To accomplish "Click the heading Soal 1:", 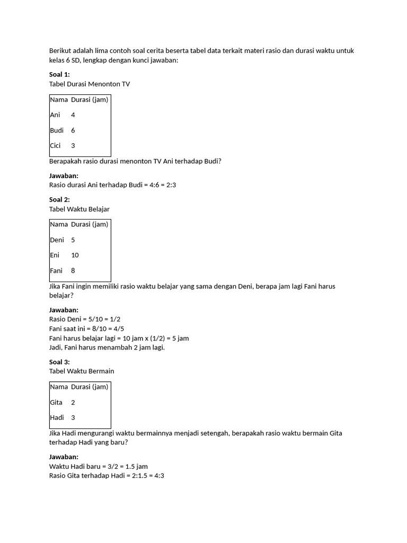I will point(59,74).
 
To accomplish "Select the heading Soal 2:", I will point(59,199).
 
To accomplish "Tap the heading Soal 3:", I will point(59,362).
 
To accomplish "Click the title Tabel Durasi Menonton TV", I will point(89,84).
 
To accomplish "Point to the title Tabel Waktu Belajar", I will point(79,209).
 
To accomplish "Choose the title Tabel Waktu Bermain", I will point(82,371).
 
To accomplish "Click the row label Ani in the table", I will point(55,115).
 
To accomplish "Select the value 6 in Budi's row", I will point(73,130).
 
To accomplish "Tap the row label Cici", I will point(56,146).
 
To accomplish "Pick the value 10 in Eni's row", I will point(75,255).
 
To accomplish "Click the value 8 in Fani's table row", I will point(73,270).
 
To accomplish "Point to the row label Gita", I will point(56,402).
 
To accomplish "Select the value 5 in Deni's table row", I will point(73,240).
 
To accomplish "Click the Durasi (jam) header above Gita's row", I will point(90,387).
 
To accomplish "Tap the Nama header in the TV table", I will point(59,99).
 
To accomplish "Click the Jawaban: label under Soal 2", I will point(64,310).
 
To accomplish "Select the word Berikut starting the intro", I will point(60,51).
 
